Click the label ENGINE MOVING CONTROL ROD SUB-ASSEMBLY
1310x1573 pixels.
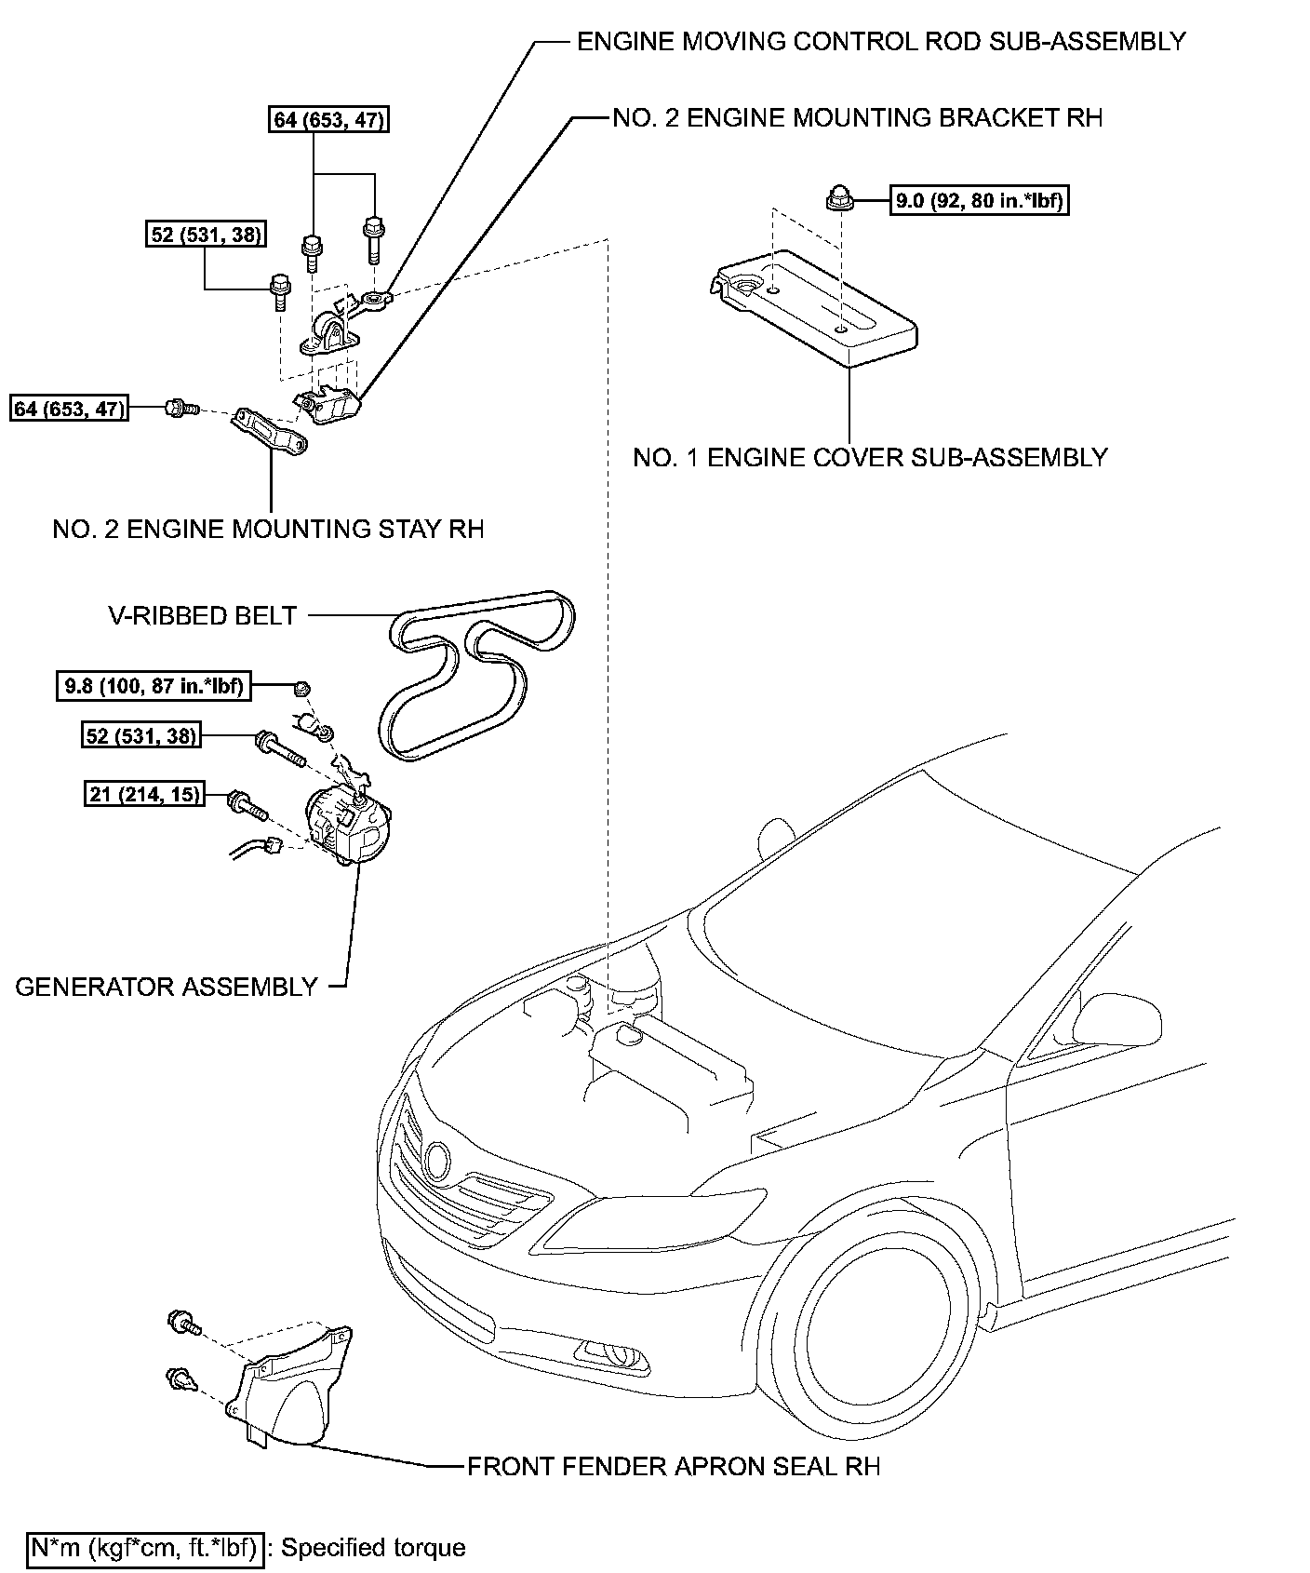point(881,42)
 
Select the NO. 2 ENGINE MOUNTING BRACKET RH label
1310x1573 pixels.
point(857,118)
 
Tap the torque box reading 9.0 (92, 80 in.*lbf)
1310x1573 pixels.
point(979,200)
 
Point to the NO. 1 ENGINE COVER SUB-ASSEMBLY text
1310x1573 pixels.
point(870,457)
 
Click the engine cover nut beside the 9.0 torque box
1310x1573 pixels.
point(837,198)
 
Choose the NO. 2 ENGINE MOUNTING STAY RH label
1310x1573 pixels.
point(268,529)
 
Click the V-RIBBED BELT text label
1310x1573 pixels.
point(202,615)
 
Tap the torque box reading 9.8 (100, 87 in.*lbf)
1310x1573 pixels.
point(154,687)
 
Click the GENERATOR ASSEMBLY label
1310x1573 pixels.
point(167,987)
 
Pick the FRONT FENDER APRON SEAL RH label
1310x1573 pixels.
point(673,1466)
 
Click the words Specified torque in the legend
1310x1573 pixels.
point(373,1548)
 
